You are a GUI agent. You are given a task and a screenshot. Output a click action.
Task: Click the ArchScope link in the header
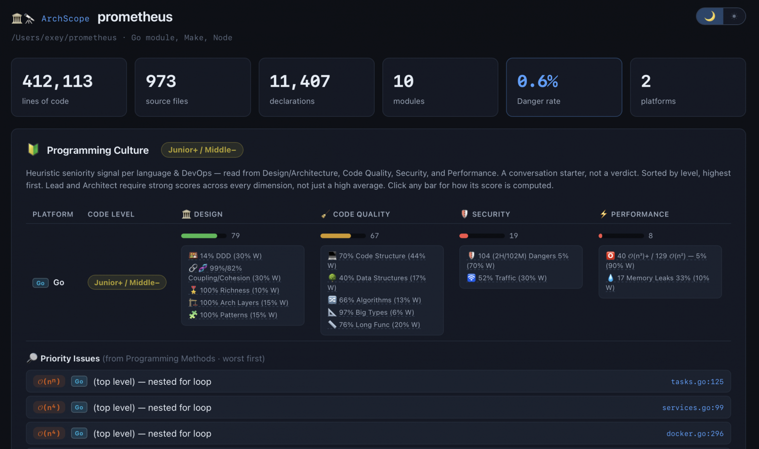pos(65,18)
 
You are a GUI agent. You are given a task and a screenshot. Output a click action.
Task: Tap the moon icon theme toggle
pos(709,16)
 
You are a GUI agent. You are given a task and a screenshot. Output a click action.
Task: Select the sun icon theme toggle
pos(734,16)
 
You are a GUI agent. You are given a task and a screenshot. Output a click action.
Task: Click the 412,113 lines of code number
pos(57,81)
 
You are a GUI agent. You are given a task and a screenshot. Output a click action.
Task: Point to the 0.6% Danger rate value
pos(538,81)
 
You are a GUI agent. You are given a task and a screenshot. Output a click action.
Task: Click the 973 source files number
pos(161,81)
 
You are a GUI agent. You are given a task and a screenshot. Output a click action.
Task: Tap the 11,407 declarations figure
pos(300,81)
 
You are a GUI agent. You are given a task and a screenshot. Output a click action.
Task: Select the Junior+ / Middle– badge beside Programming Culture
pos(202,150)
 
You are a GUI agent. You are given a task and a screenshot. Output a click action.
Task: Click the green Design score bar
pos(204,235)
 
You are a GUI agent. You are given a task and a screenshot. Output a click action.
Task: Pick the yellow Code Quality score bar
pos(343,235)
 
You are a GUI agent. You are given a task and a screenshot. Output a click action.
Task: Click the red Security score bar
pos(482,235)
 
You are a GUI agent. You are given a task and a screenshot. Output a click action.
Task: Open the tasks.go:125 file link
pos(697,381)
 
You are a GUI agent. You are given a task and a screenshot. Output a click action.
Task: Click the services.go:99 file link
pos(693,407)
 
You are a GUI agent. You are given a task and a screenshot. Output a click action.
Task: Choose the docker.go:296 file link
pos(695,433)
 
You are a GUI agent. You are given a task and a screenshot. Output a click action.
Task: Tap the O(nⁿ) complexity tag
pos(49,381)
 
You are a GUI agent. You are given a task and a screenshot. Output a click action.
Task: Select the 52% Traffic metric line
pos(507,278)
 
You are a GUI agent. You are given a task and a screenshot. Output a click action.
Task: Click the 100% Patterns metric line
pos(233,315)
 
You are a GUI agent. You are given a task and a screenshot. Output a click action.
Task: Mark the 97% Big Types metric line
pos(371,312)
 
